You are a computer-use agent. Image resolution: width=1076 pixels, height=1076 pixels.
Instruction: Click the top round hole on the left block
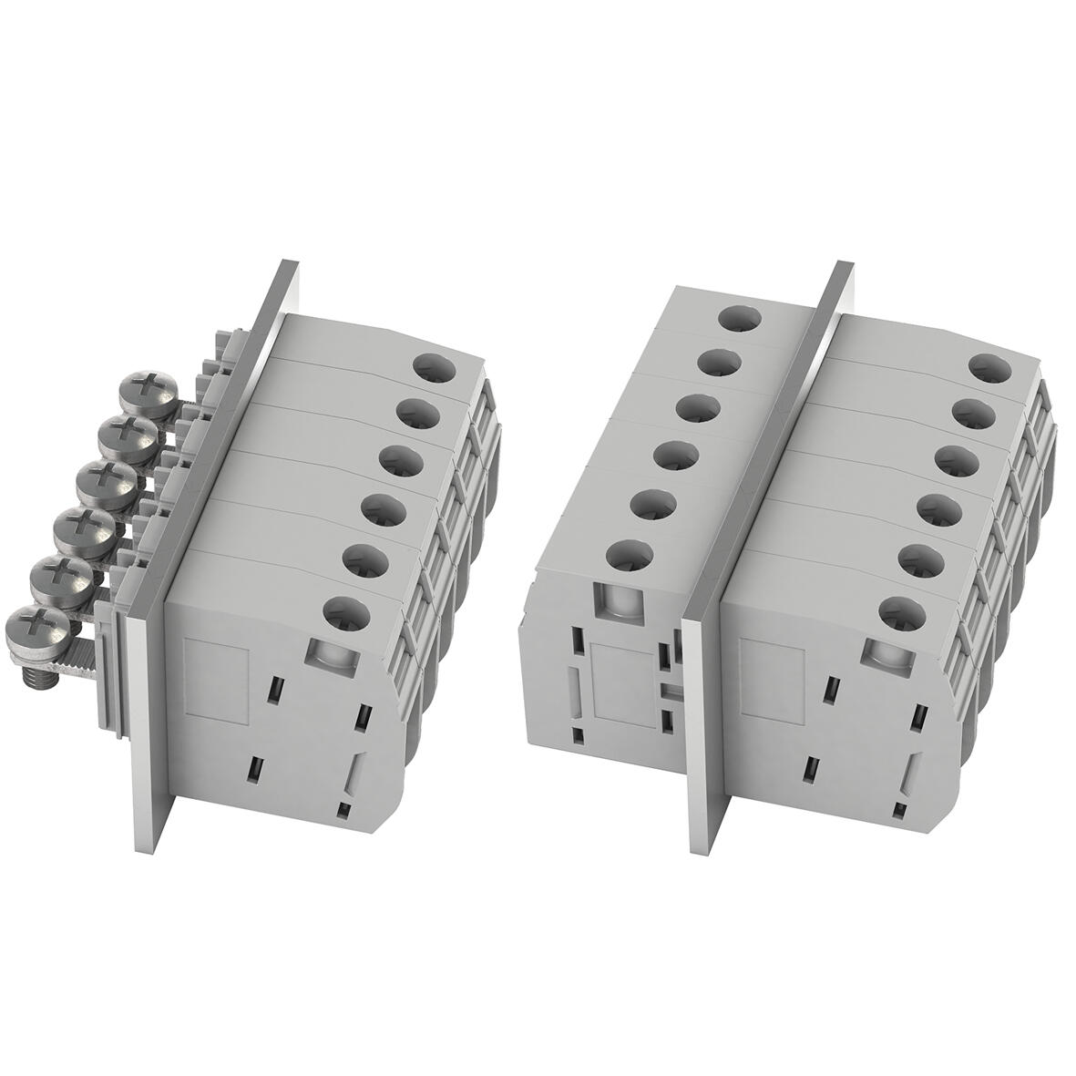coord(434,368)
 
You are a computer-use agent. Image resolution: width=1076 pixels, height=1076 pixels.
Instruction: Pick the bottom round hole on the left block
coord(346,613)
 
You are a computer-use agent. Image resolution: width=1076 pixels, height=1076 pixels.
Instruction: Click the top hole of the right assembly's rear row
coord(739,320)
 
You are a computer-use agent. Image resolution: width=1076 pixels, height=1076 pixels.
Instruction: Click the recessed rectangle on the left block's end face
coord(219,674)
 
